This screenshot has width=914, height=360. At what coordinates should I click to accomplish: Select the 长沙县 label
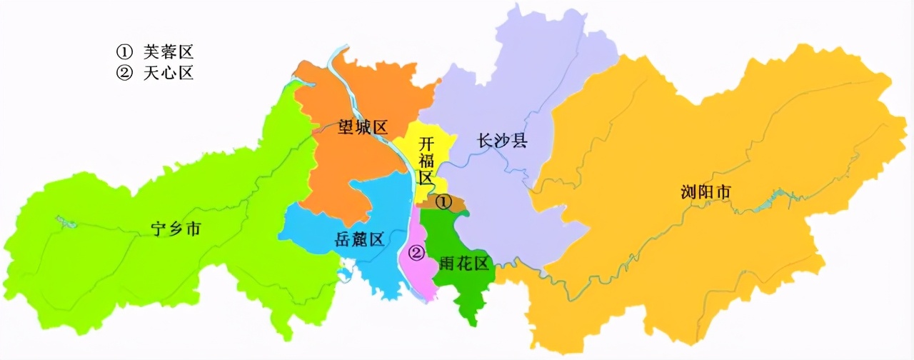pos(502,140)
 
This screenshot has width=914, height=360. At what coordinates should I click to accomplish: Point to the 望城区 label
pos(363,128)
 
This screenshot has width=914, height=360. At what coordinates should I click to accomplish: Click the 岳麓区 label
pos(359,239)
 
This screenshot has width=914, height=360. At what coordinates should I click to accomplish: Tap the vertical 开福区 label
pos(426,159)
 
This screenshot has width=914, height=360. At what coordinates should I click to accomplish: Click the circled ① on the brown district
pos(443,202)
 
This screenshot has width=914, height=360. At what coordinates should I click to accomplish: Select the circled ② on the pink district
pos(416,252)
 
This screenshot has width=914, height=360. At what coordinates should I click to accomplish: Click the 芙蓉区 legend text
pos(169,51)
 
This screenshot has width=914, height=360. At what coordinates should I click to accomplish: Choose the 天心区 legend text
pos(169,73)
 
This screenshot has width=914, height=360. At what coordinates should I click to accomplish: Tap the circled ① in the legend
pos(125,51)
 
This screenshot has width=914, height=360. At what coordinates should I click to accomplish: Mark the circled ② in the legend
pos(125,73)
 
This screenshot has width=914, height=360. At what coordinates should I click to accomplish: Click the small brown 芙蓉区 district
pos(457,205)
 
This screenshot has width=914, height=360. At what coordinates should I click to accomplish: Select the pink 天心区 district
pos(421,275)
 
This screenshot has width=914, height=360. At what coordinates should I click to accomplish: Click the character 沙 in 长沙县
pos(502,140)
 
